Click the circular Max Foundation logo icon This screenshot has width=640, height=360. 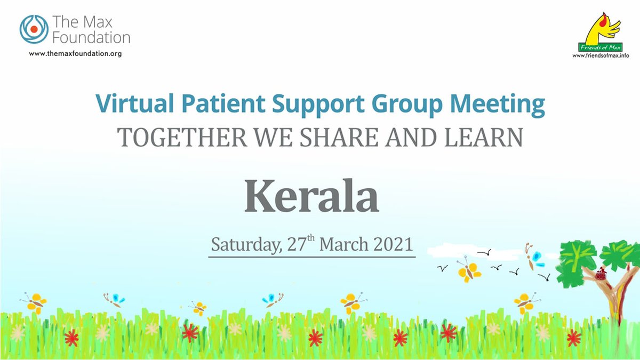coord(34,29)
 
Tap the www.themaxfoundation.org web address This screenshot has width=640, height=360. coord(75,54)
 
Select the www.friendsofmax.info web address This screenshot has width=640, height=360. coord(601,55)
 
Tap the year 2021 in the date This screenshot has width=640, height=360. coord(392,244)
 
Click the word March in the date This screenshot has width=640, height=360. coord(343,244)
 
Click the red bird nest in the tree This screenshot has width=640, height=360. coord(602,275)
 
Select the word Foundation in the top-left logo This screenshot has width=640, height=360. coord(91,37)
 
